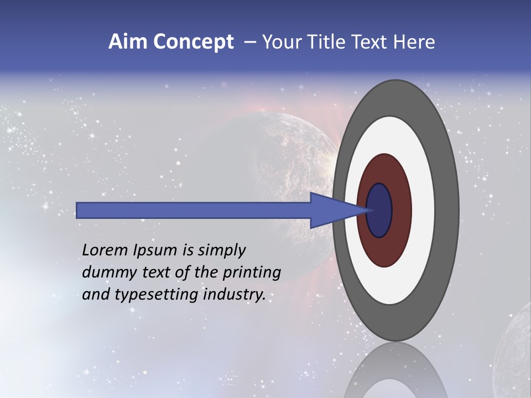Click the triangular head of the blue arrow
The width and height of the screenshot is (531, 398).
click(332, 210)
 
